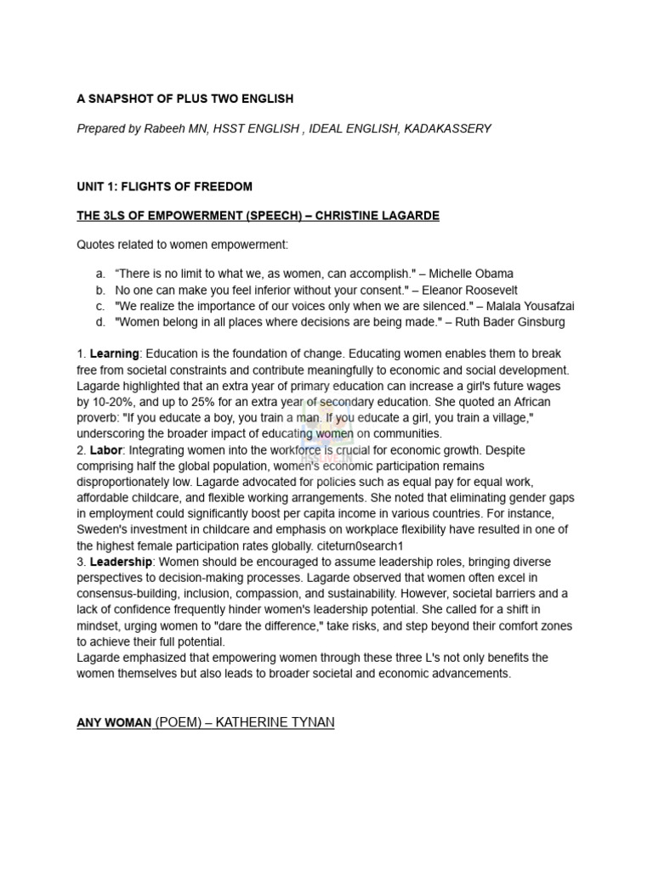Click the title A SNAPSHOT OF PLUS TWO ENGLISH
[185, 99]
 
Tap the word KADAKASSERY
[449, 128]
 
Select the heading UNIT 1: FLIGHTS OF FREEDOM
[164, 186]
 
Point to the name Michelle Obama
[471, 274]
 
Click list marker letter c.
[99, 306]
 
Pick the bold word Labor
[105, 450]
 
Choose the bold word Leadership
[121, 562]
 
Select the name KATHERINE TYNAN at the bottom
[275, 722]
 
